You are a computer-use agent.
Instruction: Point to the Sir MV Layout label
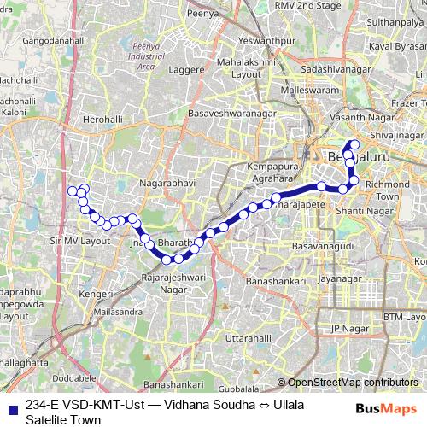point(81,242)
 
